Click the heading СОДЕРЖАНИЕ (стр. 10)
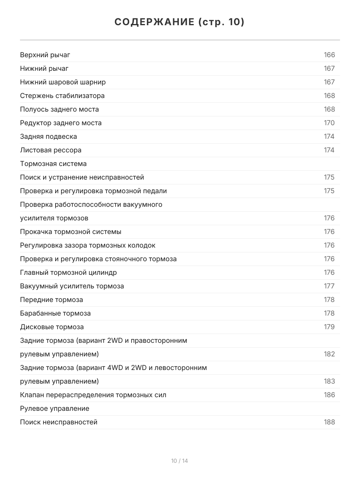pyautogui.click(x=180, y=22)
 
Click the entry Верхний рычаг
pyautogui.click(x=45, y=55)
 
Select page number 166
pyautogui.click(x=329, y=55)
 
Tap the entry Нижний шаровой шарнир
pyautogui.click(x=63, y=82)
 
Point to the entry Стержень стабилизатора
pyautogui.click(x=62, y=96)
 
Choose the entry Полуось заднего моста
pyautogui.click(x=59, y=109)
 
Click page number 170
pyautogui.click(x=329, y=123)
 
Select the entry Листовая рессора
pyautogui.click(x=50, y=150)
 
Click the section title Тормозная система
pyautogui.click(x=53, y=164)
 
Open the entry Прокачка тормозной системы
pyautogui.click(x=70, y=232)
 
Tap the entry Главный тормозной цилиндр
pyautogui.click(x=68, y=272)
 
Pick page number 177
pyautogui.click(x=329, y=286)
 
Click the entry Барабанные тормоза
pyautogui.click(x=55, y=313)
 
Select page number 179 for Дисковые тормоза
pyautogui.click(x=329, y=327)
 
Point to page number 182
pyautogui.click(x=329, y=354)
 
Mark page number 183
pyautogui.click(x=329, y=381)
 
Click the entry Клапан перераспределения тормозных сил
pyautogui.click(x=93, y=395)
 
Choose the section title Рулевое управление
pyautogui.click(x=54, y=408)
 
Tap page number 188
pyautogui.click(x=329, y=422)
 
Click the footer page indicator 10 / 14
pyautogui.click(x=180, y=461)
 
